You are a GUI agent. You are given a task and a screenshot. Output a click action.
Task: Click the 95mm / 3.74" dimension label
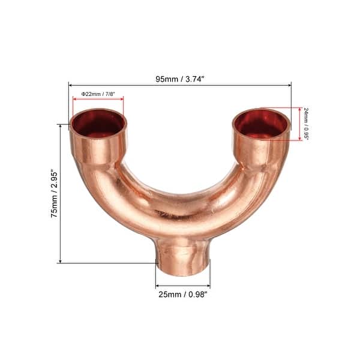179,77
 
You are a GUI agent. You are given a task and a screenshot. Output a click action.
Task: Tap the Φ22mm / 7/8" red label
98,94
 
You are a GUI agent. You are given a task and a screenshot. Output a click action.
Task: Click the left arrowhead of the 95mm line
71,85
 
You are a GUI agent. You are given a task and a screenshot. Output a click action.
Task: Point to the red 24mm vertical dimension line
299,124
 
